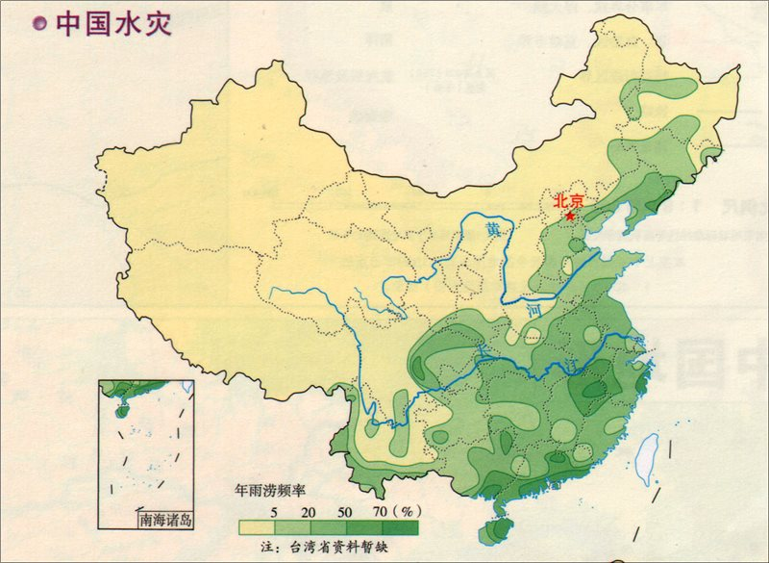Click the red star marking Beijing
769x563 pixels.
(x=571, y=217)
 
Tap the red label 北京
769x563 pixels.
(x=569, y=201)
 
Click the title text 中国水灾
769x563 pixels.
(x=113, y=24)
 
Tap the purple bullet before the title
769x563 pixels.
(x=38, y=24)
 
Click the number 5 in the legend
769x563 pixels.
(x=275, y=509)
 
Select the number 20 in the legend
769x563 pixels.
(x=309, y=509)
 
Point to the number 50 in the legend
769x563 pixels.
(x=344, y=509)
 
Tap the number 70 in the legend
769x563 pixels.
(x=379, y=509)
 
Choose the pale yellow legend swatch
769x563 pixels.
(x=257, y=527)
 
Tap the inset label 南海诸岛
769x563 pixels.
(x=165, y=520)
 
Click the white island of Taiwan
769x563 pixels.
(x=649, y=452)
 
